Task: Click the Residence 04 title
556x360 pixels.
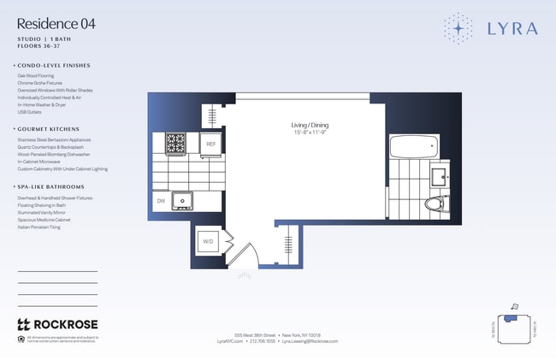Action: [56, 24]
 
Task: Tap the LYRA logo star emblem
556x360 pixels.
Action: [458, 28]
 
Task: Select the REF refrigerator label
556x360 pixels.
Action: [210, 145]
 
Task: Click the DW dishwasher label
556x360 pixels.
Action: [161, 201]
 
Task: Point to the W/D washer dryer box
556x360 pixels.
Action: [208, 242]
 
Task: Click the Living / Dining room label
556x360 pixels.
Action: [310, 125]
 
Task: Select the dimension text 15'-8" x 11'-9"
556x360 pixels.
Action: [310, 132]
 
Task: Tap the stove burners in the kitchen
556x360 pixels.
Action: [175, 143]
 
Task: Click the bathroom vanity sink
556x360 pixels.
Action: [437, 177]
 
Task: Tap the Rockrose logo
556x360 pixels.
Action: [57, 325]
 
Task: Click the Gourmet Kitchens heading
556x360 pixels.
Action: [52, 128]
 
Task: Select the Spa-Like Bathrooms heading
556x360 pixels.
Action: [52, 186]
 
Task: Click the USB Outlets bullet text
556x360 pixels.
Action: [30, 110]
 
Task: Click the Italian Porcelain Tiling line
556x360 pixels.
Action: [38, 227]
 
